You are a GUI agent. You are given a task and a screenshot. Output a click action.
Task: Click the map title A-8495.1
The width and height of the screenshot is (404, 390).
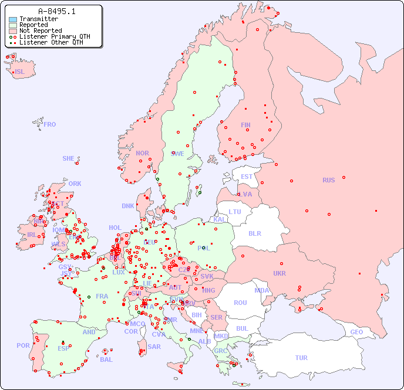[56, 11]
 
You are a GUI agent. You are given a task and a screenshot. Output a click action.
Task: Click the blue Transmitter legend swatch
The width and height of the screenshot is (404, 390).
[13, 19]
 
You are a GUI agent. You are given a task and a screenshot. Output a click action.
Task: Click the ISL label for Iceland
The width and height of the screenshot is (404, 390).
[20, 72]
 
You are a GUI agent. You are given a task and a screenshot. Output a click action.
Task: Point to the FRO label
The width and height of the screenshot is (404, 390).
[50, 124]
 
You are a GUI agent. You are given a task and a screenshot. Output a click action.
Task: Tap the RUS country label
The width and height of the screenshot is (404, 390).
[328, 180]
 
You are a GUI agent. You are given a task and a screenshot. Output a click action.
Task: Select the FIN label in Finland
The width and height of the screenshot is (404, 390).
[245, 125]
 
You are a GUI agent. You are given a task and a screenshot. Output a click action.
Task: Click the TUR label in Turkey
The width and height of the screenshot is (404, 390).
[301, 358]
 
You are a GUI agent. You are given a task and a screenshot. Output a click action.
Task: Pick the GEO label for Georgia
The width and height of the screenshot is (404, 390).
[356, 332]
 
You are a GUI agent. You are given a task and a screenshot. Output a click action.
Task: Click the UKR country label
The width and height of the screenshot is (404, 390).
[280, 273]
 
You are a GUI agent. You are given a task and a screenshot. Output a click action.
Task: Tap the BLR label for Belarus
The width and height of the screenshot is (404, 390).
[255, 233]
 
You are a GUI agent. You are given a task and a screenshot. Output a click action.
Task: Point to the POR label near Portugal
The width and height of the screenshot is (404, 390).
[23, 345]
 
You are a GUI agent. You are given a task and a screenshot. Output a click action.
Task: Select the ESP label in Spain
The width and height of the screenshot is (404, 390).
[63, 348]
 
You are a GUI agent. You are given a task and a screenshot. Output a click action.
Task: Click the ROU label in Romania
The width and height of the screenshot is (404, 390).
[240, 303]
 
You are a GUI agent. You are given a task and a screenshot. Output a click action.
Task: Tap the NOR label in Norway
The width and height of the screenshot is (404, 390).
[142, 153]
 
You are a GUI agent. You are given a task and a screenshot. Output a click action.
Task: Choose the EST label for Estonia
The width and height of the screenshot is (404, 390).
[247, 177]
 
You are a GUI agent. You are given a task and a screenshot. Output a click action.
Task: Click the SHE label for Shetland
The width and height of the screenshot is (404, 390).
[69, 158]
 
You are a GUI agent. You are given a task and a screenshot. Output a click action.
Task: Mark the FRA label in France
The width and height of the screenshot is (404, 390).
[102, 296]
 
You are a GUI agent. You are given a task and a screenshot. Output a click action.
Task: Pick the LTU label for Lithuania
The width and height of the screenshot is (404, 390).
[235, 212]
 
